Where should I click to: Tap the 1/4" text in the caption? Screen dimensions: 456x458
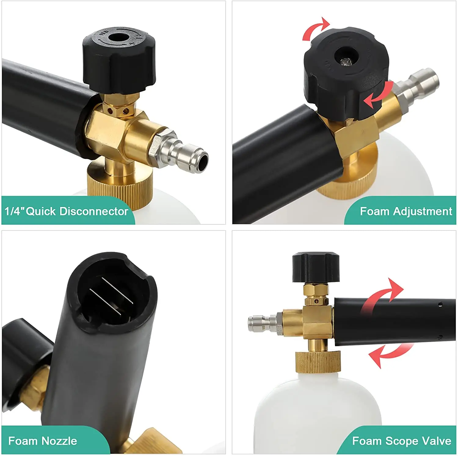coord(14,211)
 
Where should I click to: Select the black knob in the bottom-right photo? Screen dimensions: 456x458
coord(316,267)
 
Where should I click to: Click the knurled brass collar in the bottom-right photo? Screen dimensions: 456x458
coord(318,362)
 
